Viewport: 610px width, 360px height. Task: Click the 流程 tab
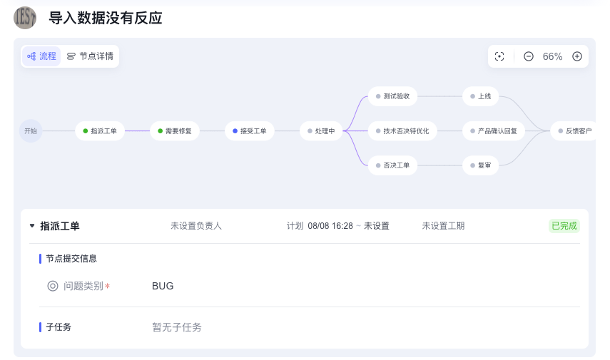pyautogui.click(x=41, y=56)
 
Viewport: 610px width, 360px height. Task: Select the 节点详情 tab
pyautogui.click(x=90, y=56)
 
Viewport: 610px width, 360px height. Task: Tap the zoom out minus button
pyautogui.click(x=529, y=56)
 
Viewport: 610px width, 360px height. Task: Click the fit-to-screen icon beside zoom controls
pyautogui.click(x=499, y=56)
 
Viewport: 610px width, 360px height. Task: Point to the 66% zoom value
pyautogui.click(x=552, y=56)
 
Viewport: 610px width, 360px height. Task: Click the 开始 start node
pyautogui.click(x=31, y=131)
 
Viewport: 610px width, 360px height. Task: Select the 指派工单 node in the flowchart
pyautogui.click(x=100, y=131)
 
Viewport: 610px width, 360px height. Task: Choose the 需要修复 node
pyautogui.click(x=174, y=131)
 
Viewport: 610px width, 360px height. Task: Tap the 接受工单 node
pyautogui.click(x=249, y=131)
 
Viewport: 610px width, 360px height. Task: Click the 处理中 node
pyautogui.click(x=321, y=131)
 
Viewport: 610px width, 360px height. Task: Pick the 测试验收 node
pyautogui.click(x=392, y=96)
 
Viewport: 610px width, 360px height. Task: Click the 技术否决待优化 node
pyautogui.click(x=402, y=131)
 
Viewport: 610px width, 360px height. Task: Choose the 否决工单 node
pyautogui.click(x=392, y=165)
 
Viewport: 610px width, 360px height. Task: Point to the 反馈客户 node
pyautogui.click(x=574, y=131)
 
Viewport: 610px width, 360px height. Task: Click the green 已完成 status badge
pyautogui.click(x=564, y=226)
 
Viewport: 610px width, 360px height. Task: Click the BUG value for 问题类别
pyautogui.click(x=163, y=286)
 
